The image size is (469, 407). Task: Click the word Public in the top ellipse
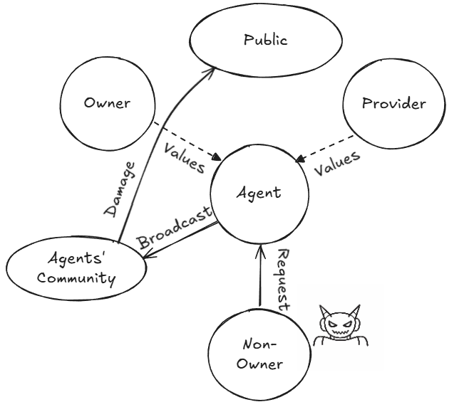pos(265,40)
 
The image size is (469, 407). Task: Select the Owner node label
pos(107,103)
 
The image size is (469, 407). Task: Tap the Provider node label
pos(393,104)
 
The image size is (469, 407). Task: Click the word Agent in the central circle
pos(259,192)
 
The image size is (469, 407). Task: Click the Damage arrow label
pos(119,188)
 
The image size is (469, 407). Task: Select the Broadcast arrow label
pos(175,228)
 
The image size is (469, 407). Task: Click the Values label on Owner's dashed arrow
pos(184,157)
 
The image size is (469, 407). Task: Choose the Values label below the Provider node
pos(336,164)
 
